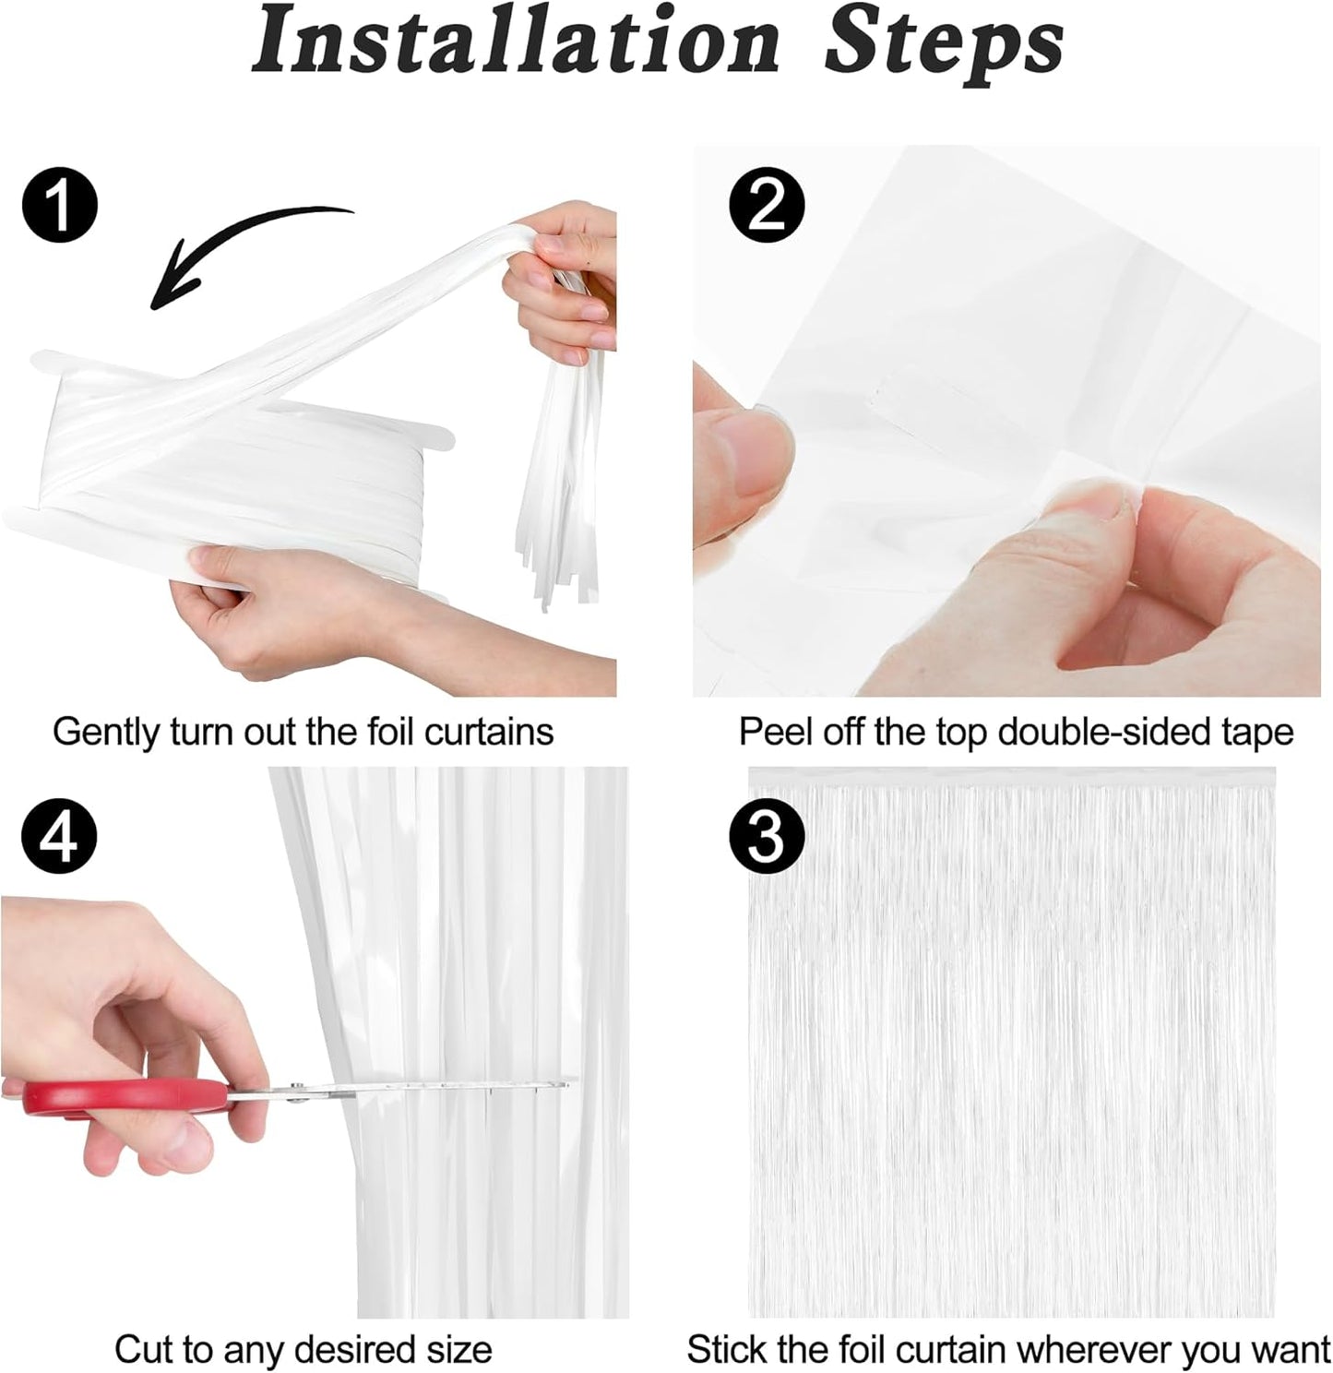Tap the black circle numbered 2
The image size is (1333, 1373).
(766, 206)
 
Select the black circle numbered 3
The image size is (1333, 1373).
(766, 838)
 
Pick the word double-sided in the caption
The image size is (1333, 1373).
(1105, 733)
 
